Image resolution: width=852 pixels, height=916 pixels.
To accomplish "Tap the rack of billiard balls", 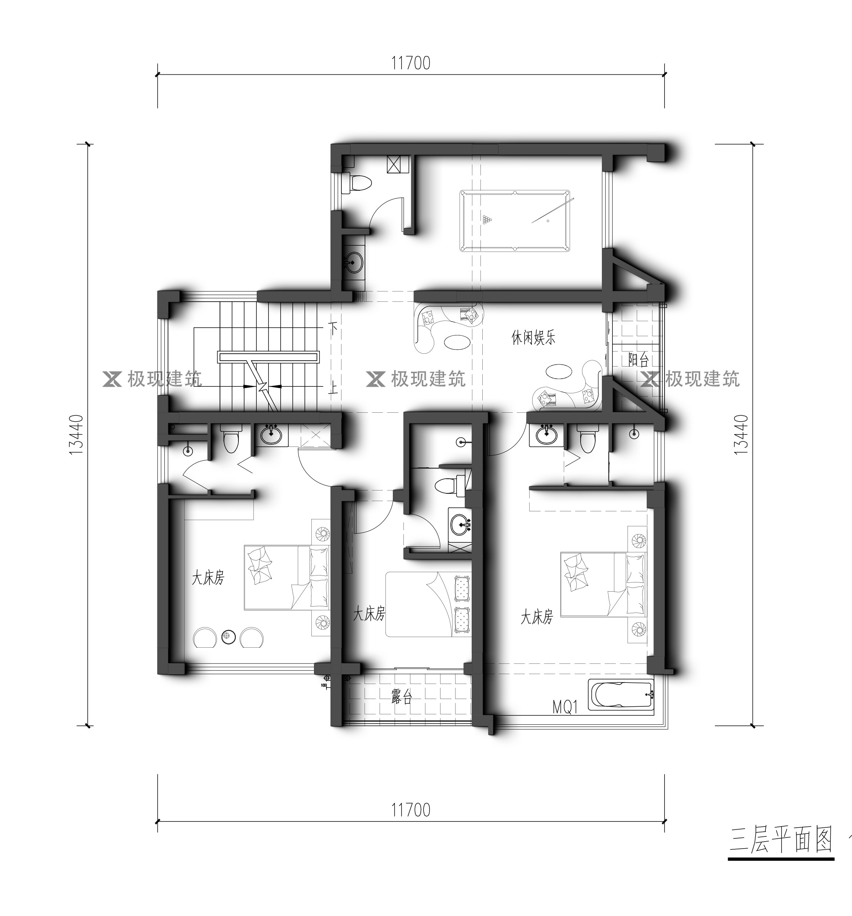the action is [x=487, y=219].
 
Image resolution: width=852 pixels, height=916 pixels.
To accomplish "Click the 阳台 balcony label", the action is [x=639, y=359].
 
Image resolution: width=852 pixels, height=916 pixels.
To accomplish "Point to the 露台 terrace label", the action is [x=402, y=698].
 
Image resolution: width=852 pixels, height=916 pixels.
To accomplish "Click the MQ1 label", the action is [x=565, y=707].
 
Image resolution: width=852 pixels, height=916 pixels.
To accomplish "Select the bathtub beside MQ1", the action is [x=621, y=694].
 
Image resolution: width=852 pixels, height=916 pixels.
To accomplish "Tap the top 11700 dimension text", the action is [x=411, y=63].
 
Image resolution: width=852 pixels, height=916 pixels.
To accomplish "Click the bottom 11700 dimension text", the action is [x=411, y=810].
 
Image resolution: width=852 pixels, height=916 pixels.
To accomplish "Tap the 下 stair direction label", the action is [x=333, y=328].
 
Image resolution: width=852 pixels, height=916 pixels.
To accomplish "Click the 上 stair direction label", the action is [x=333, y=386].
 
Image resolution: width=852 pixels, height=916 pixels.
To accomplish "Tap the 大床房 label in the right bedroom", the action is [x=537, y=617].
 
